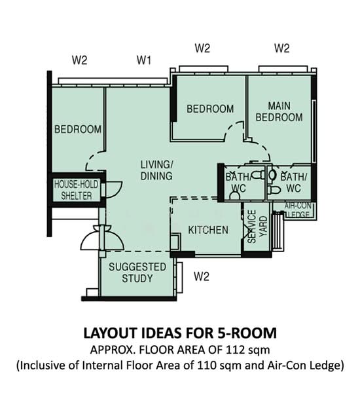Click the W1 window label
pos(145,61)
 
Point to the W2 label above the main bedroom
pos(281,48)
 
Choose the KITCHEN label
pos(208,230)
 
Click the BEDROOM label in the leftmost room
pos(77,130)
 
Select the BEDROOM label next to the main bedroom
pos(209,109)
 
